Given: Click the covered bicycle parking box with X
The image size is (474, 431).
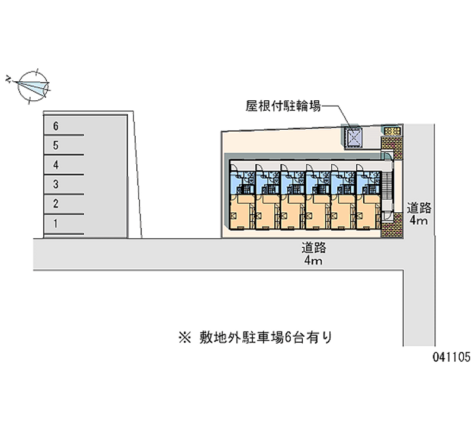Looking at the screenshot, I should (354, 136).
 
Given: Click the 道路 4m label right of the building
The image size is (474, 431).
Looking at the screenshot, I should (419, 214).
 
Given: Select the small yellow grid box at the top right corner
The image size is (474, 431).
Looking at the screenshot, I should (391, 130).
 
